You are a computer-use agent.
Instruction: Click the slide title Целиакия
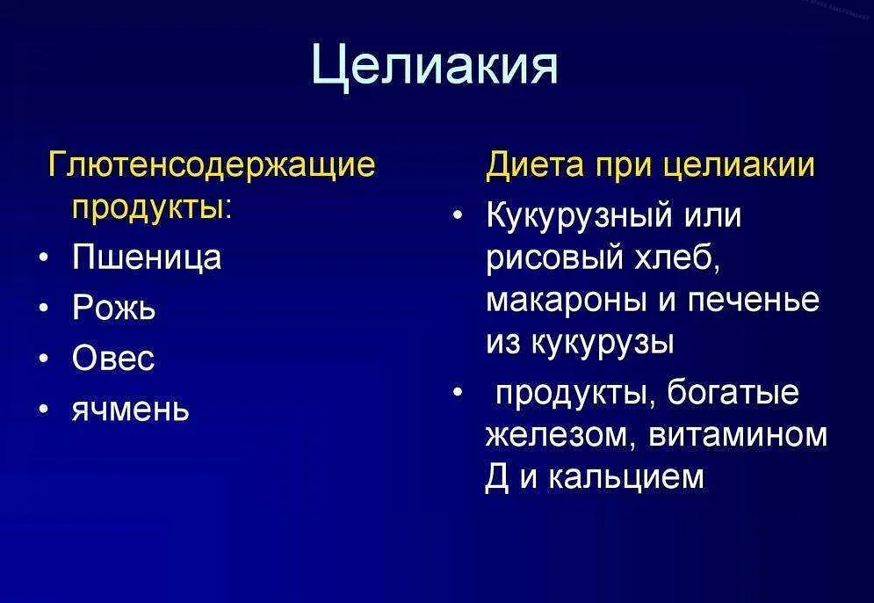pyautogui.click(x=434, y=64)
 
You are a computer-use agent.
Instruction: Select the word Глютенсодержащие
pyautogui.click(x=212, y=165)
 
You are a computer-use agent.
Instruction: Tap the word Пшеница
pyautogui.click(x=147, y=258)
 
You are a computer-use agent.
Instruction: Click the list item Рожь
pyautogui.click(x=113, y=308)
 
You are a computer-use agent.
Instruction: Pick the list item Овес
pyautogui.click(x=113, y=358)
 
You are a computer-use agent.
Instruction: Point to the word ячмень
pyautogui.click(x=131, y=410)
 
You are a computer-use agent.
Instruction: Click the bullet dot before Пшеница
pyautogui.click(x=44, y=258)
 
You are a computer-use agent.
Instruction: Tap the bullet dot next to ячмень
pyautogui.click(x=44, y=410)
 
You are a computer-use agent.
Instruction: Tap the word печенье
pyautogui.click(x=755, y=301)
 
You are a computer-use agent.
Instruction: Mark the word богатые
pyautogui.click(x=733, y=392)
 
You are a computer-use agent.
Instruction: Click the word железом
pyautogui.click(x=560, y=434)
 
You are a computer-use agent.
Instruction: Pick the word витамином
pyautogui.click(x=738, y=434)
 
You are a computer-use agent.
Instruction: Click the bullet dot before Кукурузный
pyautogui.click(x=458, y=215)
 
